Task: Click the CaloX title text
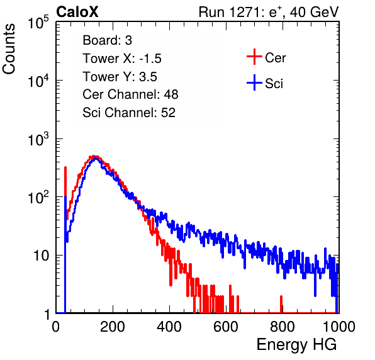coord(77,12)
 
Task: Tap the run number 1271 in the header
coord(244,12)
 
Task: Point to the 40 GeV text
coord(314,12)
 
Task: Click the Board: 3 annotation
coord(107,40)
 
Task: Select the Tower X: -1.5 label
coord(122,59)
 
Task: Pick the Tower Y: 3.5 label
coord(120,77)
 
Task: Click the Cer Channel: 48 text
coord(130,94)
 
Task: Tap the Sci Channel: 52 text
coord(129,113)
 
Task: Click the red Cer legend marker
coord(254,57)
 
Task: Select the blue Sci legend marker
coord(254,82)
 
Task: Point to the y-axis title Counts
coord(9,49)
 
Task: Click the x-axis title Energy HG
coord(297,344)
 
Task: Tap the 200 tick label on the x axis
coord(113,327)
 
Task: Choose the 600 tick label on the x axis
coord(226,327)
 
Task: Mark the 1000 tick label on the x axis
coord(339,327)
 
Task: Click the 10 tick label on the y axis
coord(41,256)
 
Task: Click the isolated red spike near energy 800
coord(281,304)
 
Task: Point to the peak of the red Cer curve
coord(94,156)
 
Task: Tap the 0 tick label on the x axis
coord(56,327)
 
